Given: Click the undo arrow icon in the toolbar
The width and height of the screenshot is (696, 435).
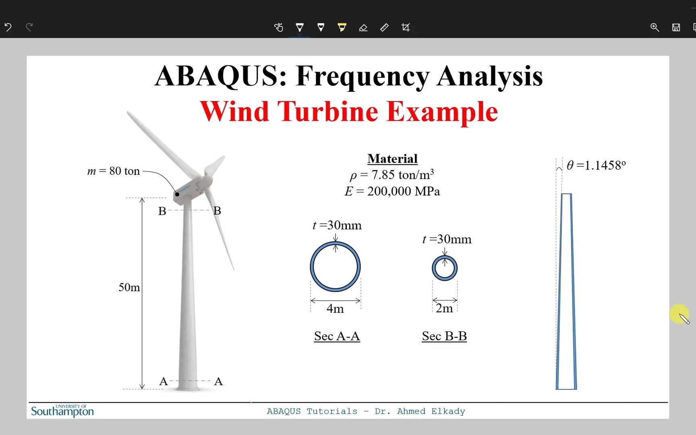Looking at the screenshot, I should click(8, 27).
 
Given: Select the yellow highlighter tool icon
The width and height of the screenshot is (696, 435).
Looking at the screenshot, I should click(342, 27).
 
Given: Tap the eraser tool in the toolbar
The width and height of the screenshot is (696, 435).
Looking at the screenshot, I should click(363, 27).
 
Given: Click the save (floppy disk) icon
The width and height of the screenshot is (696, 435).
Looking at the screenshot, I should click(676, 27).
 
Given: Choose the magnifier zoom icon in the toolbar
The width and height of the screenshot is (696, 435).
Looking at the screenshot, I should click(655, 27).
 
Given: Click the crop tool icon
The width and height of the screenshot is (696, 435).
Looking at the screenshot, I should click(406, 27).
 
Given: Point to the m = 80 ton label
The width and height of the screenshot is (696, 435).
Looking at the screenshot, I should click(114, 171).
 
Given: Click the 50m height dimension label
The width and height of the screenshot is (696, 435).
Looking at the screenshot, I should click(129, 288).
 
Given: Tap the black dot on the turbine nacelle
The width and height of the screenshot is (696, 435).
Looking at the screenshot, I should click(177, 194).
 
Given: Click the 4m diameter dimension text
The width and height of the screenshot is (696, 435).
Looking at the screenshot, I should click(335, 309).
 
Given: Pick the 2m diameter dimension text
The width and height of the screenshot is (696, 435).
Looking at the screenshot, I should click(444, 309).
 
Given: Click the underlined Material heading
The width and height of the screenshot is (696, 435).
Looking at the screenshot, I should click(392, 159).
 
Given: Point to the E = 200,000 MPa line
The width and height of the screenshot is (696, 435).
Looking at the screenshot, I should click(392, 191).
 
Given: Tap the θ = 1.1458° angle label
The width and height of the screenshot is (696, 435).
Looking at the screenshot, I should click(596, 166).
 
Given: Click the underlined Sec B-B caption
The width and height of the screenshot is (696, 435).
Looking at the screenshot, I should click(444, 336).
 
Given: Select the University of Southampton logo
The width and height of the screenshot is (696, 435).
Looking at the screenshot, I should click(62, 411).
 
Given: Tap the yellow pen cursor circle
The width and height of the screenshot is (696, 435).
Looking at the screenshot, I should click(679, 313).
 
